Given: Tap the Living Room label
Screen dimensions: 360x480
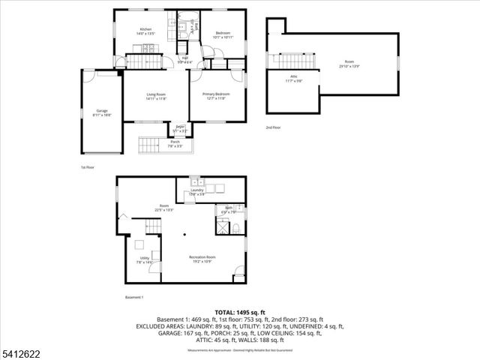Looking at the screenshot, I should pos(156,94).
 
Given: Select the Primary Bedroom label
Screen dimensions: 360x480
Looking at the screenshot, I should pos(217,94).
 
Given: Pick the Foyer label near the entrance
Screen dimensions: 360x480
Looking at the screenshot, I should pos(180,128).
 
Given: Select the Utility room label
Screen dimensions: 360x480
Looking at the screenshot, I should pos(144,260).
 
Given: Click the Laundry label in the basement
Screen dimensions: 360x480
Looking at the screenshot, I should pos(197,192).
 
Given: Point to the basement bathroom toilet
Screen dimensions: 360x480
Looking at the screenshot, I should pos(235,210).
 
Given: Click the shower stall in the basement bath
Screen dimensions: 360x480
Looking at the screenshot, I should pos(223,224).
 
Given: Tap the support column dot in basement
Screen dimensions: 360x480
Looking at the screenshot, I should pos(184,235).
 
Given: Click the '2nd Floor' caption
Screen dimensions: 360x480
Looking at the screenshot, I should pos(274,127).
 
